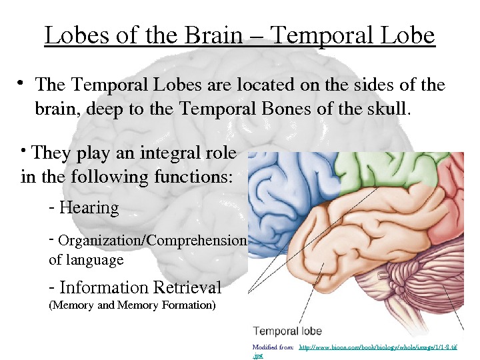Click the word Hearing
(89, 208)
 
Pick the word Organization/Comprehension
(153, 241)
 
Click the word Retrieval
(187, 288)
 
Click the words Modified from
(273, 347)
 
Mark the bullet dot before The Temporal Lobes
(21, 83)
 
